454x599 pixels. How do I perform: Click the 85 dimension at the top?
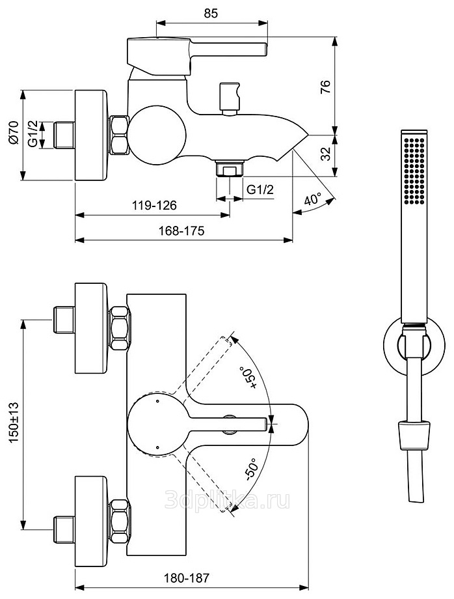pyautogui.click(x=211, y=13)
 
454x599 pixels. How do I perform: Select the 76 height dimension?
pyautogui.click(x=325, y=87)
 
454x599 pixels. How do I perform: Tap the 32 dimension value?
pyautogui.click(x=325, y=154)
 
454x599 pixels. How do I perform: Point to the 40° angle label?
pyautogui.click(x=314, y=200)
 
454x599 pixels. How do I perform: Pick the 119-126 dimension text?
pyautogui.click(x=155, y=206)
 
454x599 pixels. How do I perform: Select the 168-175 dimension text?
pyautogui.click(x=181, y=230)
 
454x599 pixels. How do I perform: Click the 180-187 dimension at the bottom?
pyautogui.click(x=187, y=578)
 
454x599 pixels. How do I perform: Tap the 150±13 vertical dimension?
pyautogui.click(x=14, y=423)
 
